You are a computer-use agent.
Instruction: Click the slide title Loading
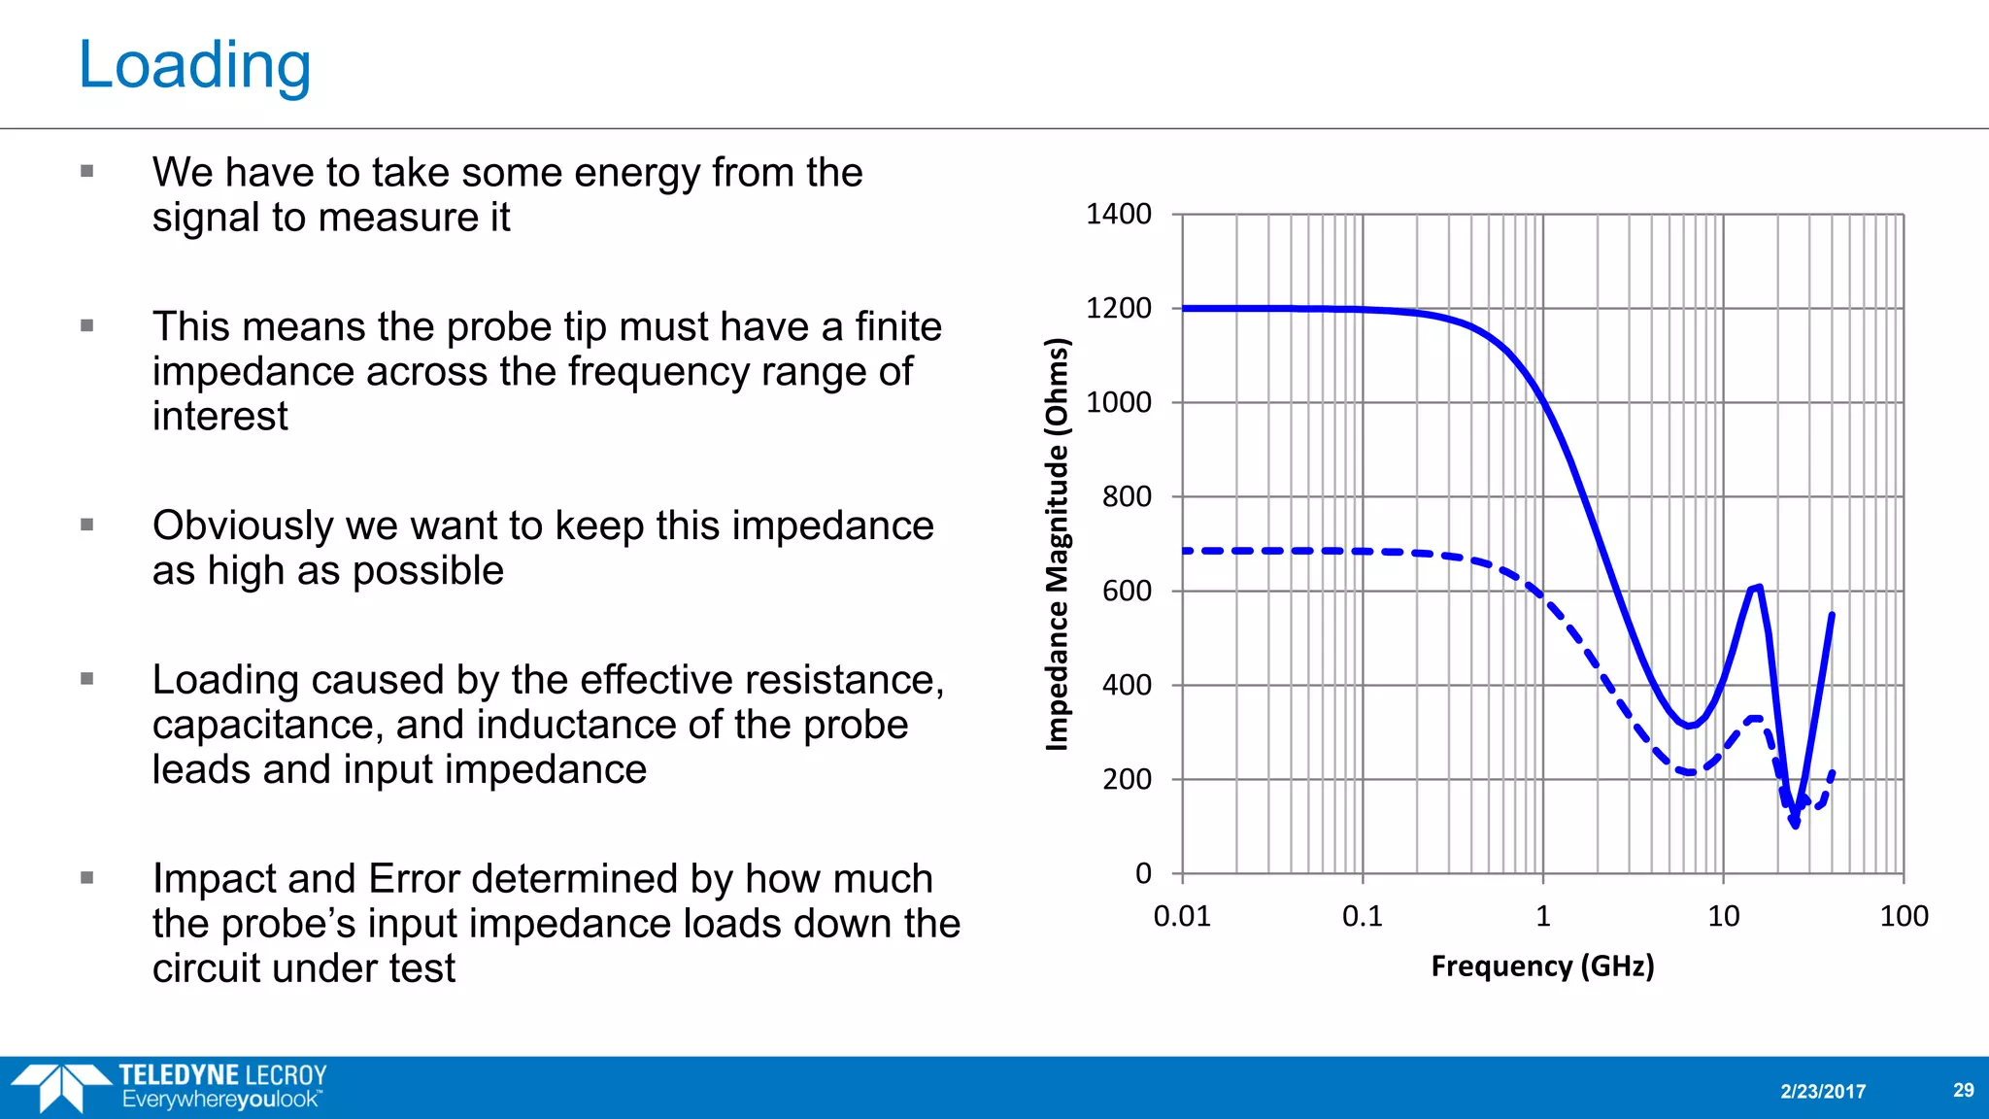click(194, 65)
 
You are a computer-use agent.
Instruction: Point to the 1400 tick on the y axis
click(1118, 214)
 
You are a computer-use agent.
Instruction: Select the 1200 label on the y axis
click(1118, 308)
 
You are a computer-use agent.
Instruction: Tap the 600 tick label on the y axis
click(1127, 591)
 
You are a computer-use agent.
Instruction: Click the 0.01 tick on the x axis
click(1182, 916)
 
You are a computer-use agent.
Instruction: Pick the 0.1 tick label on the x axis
click(1362, 916)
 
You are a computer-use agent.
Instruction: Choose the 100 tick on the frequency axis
click(1904, 916)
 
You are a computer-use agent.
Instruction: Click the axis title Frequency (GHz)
click(1542, 966)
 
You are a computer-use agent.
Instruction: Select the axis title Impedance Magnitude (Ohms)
click(1057, 544)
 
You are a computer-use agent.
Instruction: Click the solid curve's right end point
click(1833, 614)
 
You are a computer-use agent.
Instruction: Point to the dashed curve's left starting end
click(1185, 551)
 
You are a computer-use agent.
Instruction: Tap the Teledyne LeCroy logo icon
click(60, 1087)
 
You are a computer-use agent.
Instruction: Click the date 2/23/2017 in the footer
click(1823, 1091)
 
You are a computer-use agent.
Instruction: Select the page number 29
click(1963, 1090)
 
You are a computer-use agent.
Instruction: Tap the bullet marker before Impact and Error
click(87, 878)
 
